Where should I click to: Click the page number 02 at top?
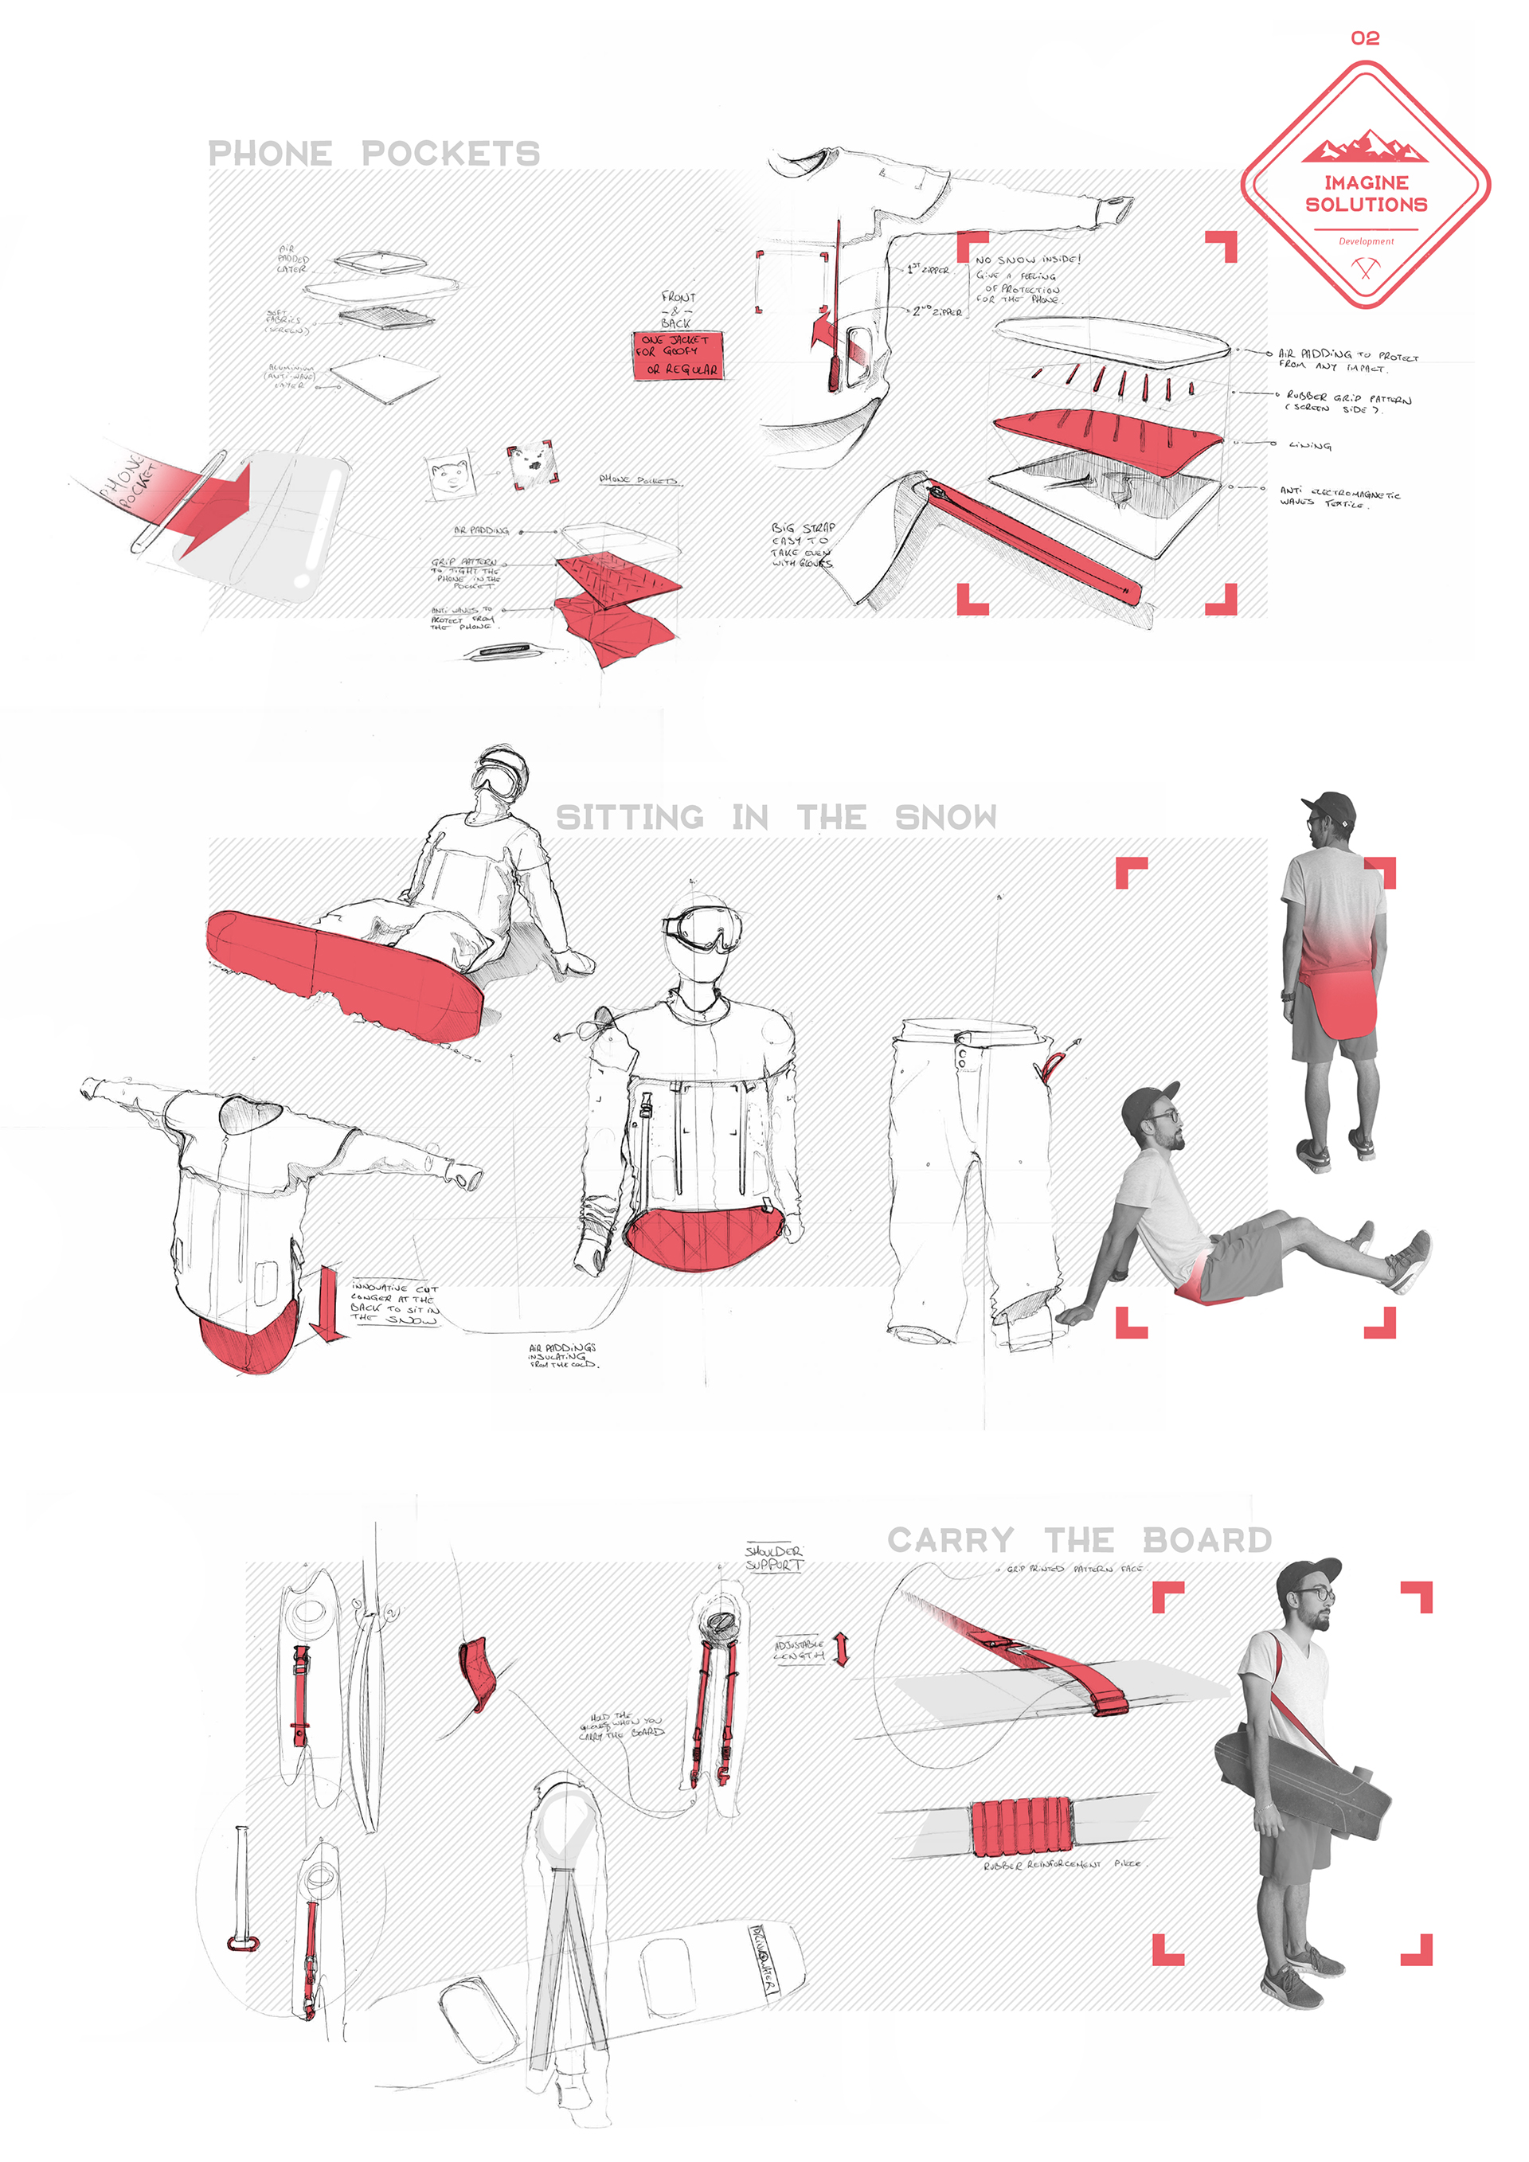[1364, 37]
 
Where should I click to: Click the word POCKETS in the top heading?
[450, 154]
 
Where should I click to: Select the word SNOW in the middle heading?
[945, 817]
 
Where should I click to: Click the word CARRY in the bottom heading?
[950, 1541]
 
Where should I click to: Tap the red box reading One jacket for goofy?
[677, 355]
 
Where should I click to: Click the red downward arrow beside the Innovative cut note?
[329, 1304]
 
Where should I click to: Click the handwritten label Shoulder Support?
[774, 1558]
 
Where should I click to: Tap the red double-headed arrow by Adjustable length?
[842, 1649]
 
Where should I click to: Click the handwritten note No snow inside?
[1027, 259]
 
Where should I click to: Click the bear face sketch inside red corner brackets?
[532, 464]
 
